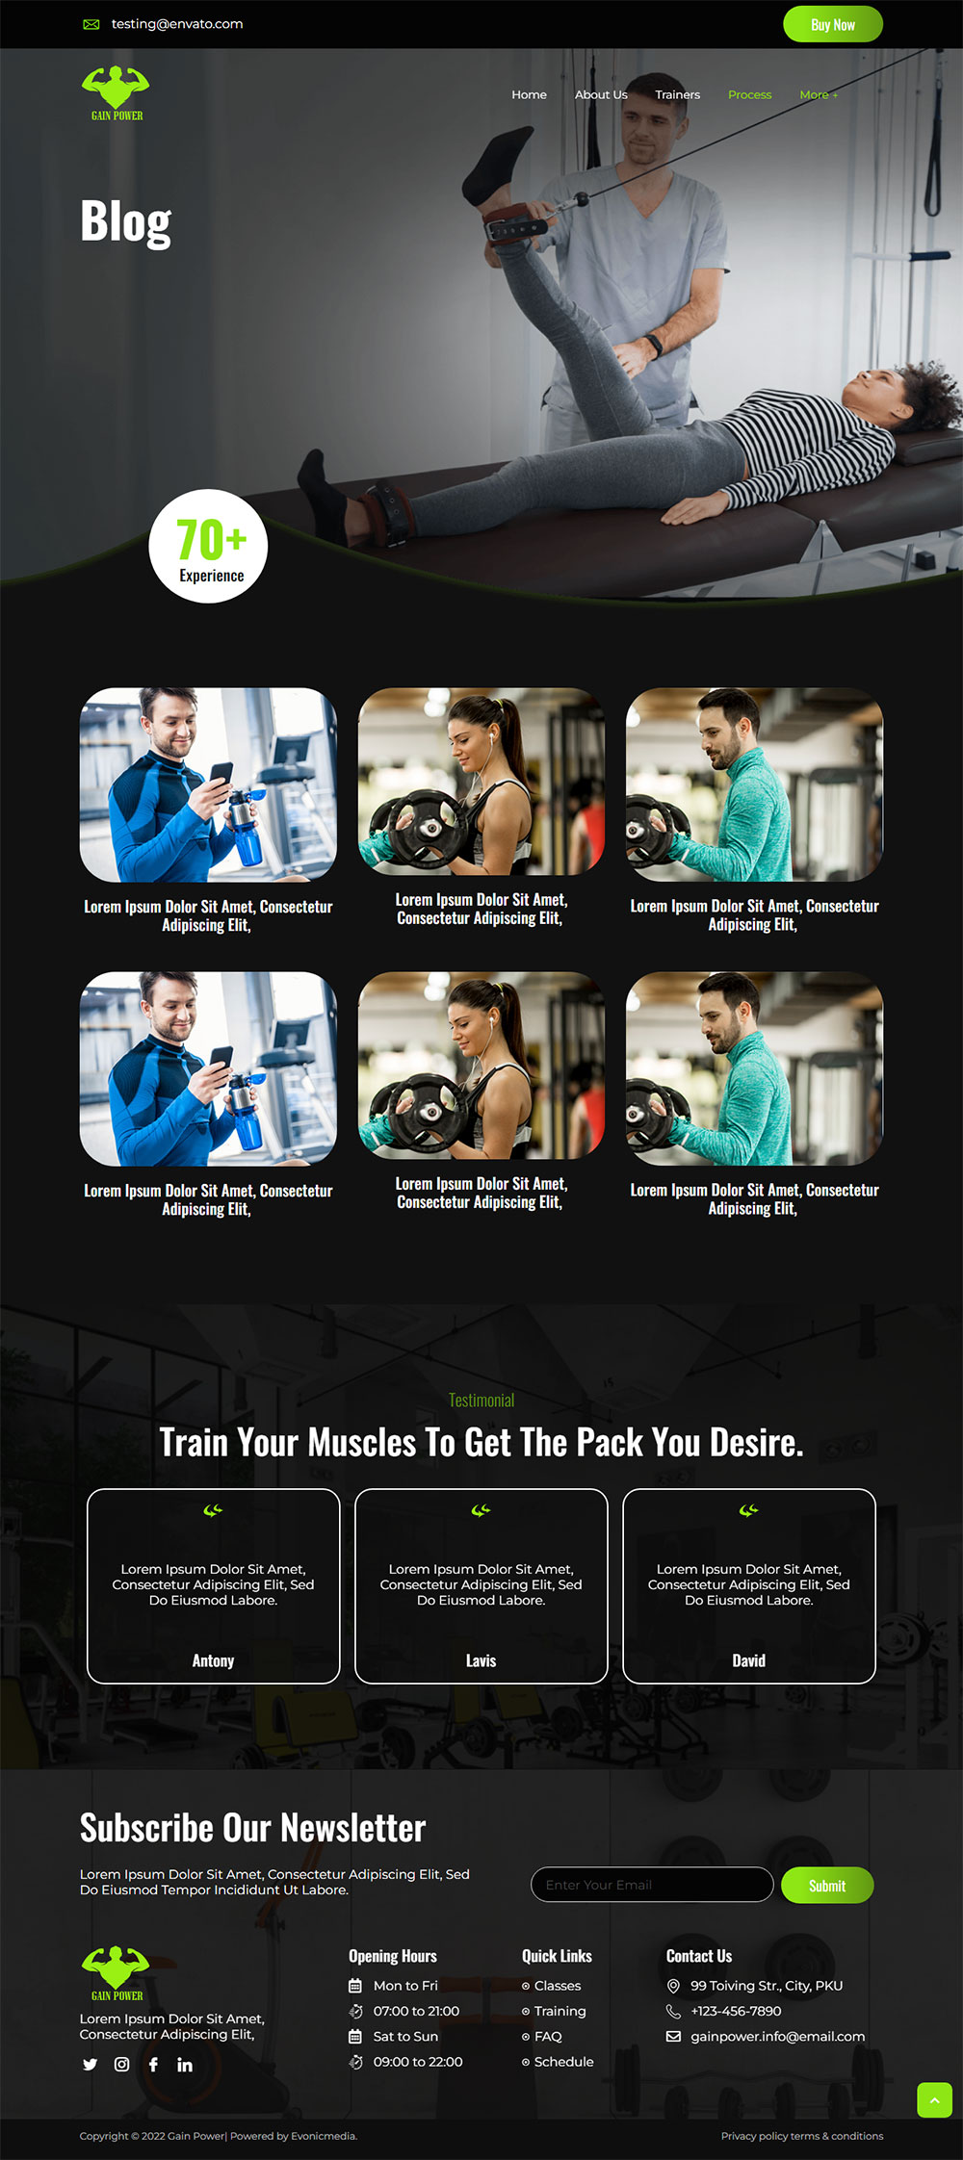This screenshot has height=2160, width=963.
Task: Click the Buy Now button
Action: click(832, 25)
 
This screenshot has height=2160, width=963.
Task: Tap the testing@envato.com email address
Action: click(177, 24)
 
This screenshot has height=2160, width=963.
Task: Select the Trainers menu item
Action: click(677, 94)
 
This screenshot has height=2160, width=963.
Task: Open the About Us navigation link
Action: click(601, 94)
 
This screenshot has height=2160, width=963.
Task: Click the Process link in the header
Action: click(749, 94)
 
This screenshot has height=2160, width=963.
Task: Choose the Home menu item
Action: click(529, 94)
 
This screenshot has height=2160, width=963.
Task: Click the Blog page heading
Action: click(126, 222)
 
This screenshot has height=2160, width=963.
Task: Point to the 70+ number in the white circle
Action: click(211, 539)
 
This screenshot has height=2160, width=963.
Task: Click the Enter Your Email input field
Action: click(652, 1885)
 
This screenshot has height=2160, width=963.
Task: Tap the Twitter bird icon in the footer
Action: click(91, 2064)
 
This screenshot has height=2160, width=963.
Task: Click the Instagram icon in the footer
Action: click(122, 2064)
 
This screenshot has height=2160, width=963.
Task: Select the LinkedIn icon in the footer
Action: click(185, 2064)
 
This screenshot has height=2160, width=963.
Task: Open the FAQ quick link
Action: click(548, 2036)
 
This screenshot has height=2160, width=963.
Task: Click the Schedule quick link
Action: click(563, 2061)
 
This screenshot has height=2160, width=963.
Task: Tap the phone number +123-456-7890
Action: click(736, 2011)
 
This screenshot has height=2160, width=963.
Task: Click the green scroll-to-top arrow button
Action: click(934, 2099)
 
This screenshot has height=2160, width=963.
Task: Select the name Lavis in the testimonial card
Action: click(481, 1660)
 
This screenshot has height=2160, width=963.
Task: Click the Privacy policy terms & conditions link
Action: click(801, 2136)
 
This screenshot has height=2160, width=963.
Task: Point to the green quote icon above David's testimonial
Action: click(748, 1510)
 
